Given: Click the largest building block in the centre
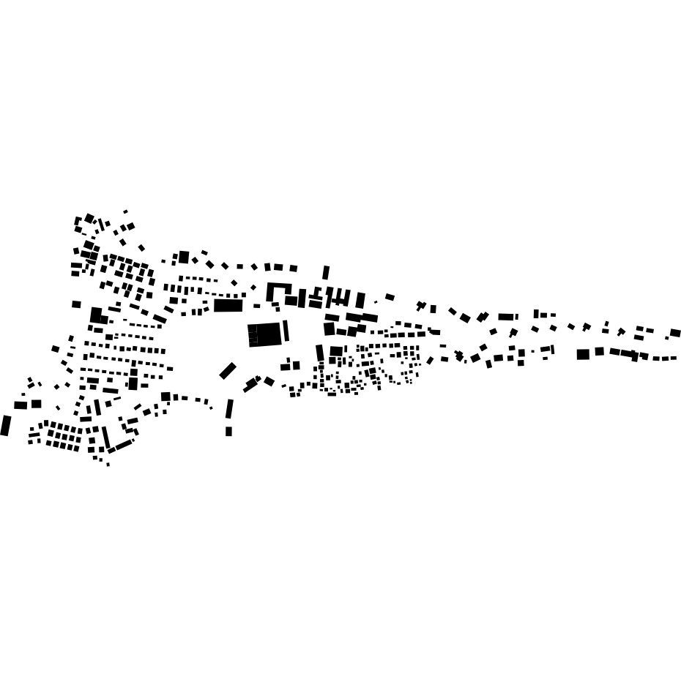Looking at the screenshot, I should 265,334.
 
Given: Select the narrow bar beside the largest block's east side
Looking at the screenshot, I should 286,331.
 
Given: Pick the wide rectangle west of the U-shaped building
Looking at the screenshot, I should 228,305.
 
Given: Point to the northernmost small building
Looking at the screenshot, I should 125,211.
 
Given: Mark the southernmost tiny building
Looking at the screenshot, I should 108,464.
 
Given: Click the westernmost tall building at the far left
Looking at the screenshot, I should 6,425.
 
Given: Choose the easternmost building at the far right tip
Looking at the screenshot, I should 675,333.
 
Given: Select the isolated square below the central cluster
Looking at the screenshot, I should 228,432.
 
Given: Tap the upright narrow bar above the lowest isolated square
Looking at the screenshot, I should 229,408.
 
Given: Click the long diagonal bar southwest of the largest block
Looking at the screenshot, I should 228,371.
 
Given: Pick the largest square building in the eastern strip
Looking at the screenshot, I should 583,354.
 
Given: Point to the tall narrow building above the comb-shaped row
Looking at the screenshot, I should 326,273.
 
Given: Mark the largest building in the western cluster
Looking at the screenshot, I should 96,315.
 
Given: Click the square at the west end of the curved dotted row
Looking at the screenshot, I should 165,397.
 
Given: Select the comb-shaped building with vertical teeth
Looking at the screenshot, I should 338,298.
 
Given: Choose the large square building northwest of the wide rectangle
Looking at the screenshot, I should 184,257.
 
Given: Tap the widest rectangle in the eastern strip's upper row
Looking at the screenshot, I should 506,317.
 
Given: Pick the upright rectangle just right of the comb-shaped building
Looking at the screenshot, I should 360,300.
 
